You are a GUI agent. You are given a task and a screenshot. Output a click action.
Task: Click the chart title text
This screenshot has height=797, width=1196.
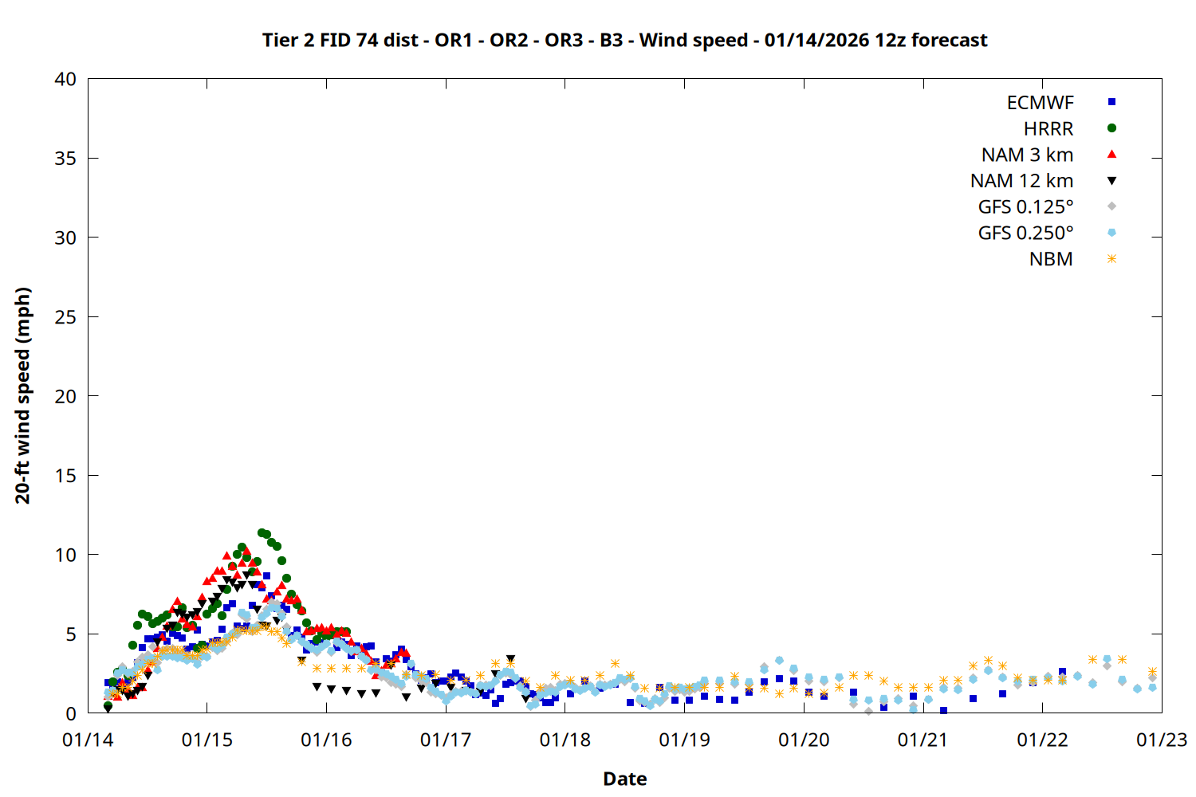click(x=624, y=40)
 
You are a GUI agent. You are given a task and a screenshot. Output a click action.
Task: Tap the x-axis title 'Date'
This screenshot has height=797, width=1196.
click(x=624, y=779)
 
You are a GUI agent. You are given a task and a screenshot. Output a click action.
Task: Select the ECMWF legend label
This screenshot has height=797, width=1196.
click(x=1040, y=103)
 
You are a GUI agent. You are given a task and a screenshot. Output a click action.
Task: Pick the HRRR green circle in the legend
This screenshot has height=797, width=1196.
click(x=1111, y=128)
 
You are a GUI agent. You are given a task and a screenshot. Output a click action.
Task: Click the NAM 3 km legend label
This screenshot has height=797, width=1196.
click(x=1027, y=155)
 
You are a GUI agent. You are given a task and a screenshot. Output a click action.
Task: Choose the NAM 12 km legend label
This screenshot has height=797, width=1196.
click(x=1021, y=181)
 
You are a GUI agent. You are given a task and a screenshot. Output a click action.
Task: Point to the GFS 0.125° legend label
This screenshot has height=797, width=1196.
click(x=1025, y=207)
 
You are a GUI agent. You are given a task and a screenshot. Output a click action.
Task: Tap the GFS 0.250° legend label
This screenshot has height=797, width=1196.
click(x=1025, y=233)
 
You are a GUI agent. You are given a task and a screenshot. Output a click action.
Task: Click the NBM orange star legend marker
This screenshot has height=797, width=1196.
click(x=1111, y=259)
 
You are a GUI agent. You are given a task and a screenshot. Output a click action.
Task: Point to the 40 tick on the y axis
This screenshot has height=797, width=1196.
click(x=65, y=79)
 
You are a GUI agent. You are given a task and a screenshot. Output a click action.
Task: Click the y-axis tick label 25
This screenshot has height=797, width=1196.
click(x=65, y=317)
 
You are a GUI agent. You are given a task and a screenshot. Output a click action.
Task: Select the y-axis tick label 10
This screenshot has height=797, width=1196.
click(x=65, y=555)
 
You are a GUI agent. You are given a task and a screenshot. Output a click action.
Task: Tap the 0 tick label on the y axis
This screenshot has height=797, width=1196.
click(x=71, y=713)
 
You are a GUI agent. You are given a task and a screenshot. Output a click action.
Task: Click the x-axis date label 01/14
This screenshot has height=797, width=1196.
click(x=88, y=740)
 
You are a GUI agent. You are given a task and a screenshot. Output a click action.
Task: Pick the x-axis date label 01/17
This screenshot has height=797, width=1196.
click(x=446, y=740)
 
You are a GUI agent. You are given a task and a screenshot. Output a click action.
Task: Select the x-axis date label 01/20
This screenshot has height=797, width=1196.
click(x=804, y=740)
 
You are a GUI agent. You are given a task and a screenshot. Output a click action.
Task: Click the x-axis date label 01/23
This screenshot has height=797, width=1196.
click(x=1162, y=740)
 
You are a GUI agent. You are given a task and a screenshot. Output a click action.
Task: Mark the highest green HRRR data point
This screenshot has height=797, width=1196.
click(x=262, y=532)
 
